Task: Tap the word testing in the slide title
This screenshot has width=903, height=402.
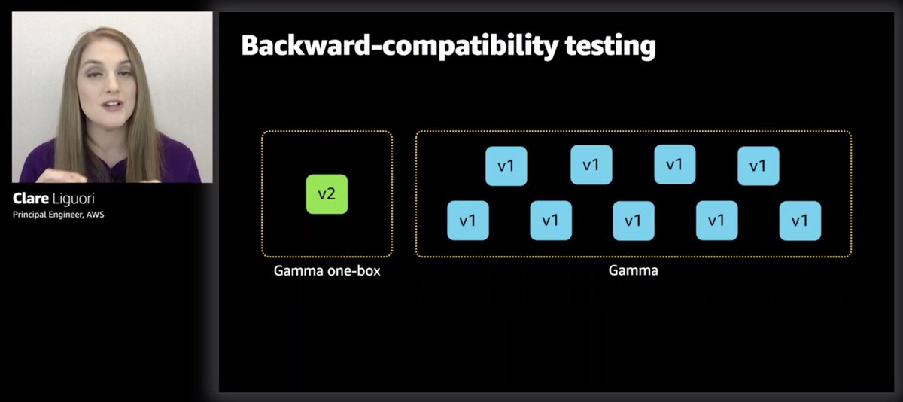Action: click(610, 46)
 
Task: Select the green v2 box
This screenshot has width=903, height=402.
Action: click(327, 194)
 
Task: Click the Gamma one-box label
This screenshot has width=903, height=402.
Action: click(327, 270)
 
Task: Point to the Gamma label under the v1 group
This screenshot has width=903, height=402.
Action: click(633, 270)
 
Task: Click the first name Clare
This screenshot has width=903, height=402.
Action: click(31, 199)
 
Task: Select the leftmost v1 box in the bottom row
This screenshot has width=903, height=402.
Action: click(467, 221)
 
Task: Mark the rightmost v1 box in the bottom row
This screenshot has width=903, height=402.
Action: click(799, 221)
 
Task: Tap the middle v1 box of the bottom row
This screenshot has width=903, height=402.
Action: click(633, 221)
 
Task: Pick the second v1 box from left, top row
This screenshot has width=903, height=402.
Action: click(591, 165)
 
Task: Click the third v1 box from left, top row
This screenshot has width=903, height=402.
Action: click(674, 165)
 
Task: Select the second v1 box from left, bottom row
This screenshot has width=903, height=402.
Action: click(550, 221)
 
